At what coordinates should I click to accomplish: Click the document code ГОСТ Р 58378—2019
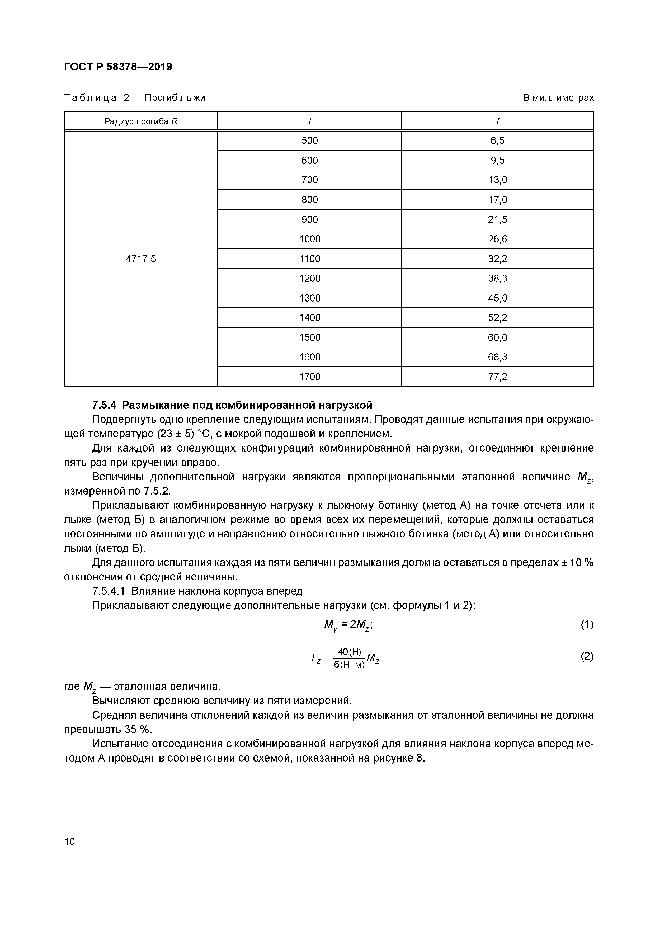(118, 67)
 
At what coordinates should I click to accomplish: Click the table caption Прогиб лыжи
(175, 98)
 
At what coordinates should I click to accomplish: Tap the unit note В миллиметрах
(558, 98)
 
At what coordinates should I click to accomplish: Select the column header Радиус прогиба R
(141, 121)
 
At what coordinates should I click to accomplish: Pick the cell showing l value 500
(309, 141)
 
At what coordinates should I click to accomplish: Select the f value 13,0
(497, 180)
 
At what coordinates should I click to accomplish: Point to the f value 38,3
(497, 278)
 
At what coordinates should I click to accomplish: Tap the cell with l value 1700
(309, 377)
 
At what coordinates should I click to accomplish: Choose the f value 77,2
(497, 377)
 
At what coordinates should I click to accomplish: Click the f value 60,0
(497, 337)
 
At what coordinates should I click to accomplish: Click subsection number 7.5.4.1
(109, 591)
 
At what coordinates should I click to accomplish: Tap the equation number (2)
(587, 656)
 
